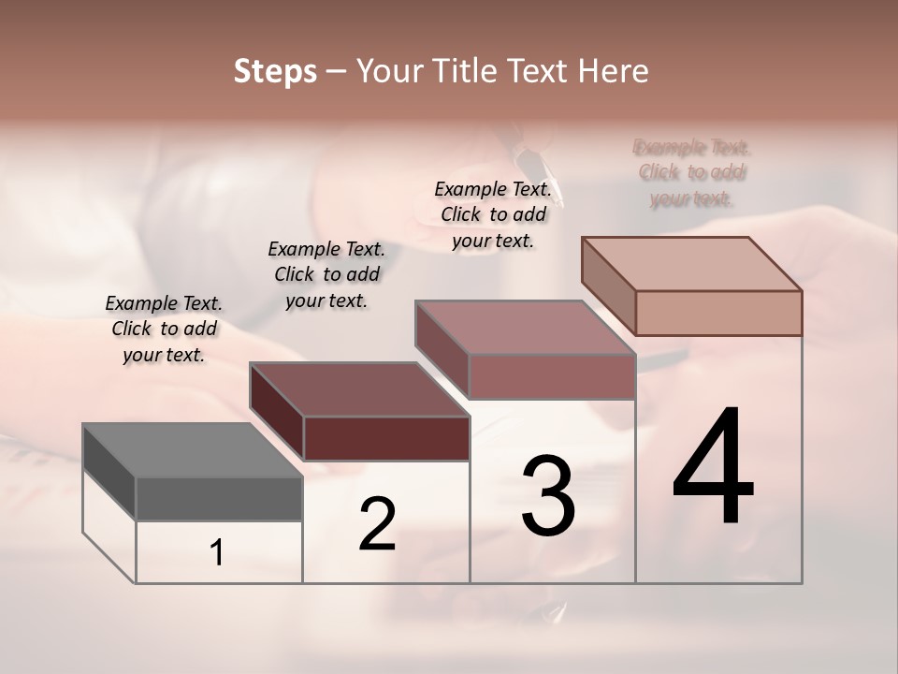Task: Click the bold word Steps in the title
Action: tap(275, 71)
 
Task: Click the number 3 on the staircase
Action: tap(548, 497)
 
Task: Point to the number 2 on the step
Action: tap(377, 524)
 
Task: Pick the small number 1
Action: tap(217, 553)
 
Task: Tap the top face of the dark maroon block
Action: tap(359, 389)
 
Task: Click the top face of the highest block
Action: tap(692, 264)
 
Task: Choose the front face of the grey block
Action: tap(219, 499)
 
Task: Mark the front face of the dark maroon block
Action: tap(386, 438)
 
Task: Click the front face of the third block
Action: tap(552, 376)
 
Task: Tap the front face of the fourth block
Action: tap(718, 313)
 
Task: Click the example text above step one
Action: tap(164, 329)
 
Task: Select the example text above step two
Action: tap(326, 274)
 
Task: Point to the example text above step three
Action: tap(493, 214)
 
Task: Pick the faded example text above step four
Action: tap(692, 173)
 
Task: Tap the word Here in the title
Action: tap(613, 71)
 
